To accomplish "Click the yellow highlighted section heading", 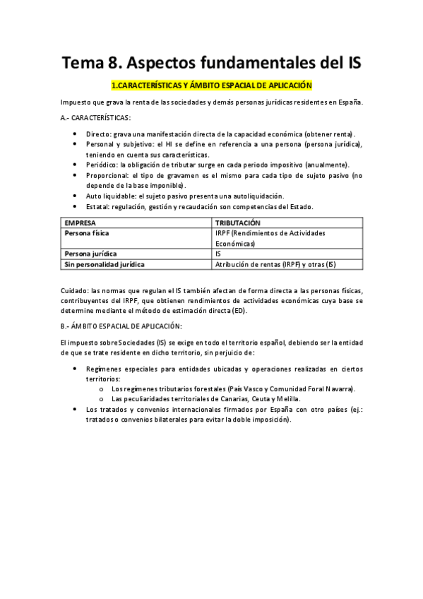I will pos(212,85).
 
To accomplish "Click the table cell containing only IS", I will pos(218,253).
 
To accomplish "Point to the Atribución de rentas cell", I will pos(275,264).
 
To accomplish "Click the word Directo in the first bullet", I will pos(98,134).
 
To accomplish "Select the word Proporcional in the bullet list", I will pos(107,175).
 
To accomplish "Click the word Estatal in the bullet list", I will pos(97,206).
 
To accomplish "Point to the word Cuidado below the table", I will pos(75,291).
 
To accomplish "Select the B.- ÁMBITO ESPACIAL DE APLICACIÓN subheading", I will pos(121,326).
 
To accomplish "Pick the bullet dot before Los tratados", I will pos(76,409).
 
